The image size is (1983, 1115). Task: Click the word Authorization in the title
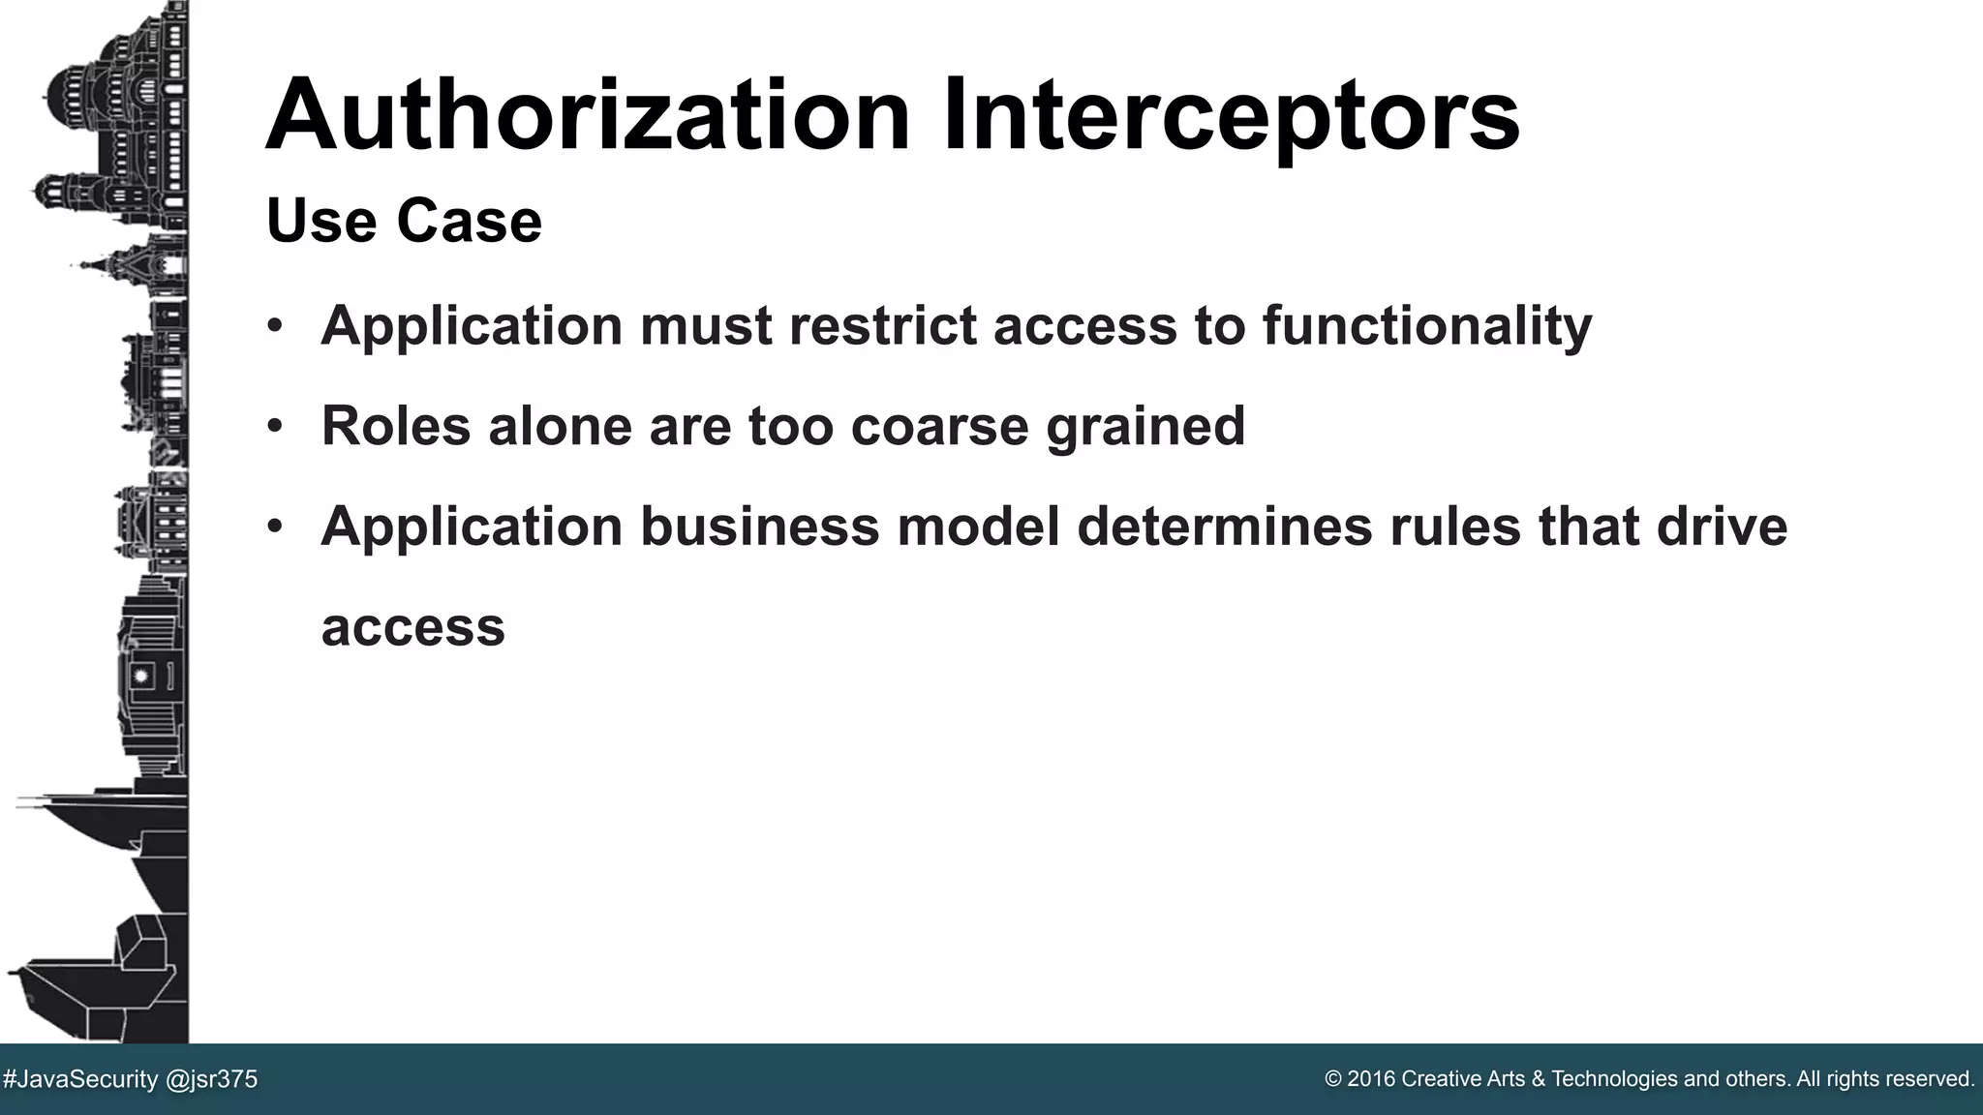(x=588, y=116)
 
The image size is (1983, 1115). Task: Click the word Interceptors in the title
(x=1231, y=116)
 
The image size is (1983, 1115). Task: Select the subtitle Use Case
(x=404, y=221)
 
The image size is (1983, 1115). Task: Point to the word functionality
(x=1427, y=325)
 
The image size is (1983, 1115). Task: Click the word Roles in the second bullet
(x=396, y=426)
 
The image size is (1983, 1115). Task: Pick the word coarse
(x=939, y=426)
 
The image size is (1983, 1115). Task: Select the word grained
(x=1145, y=428)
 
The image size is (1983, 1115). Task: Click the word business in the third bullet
(x=760, y=527)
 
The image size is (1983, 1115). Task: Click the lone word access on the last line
(x=413, y=627)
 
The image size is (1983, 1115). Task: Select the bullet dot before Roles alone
(x=275, y=426)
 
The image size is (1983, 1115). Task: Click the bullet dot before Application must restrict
(x=275, y=325)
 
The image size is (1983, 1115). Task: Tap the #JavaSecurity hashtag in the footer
(x=80, y=1079)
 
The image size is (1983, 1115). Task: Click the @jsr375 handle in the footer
(x=212, y=1079)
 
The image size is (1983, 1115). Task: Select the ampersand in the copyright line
(x=1539, y=1079)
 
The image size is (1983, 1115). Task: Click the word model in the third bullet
(x=979, y=527)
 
